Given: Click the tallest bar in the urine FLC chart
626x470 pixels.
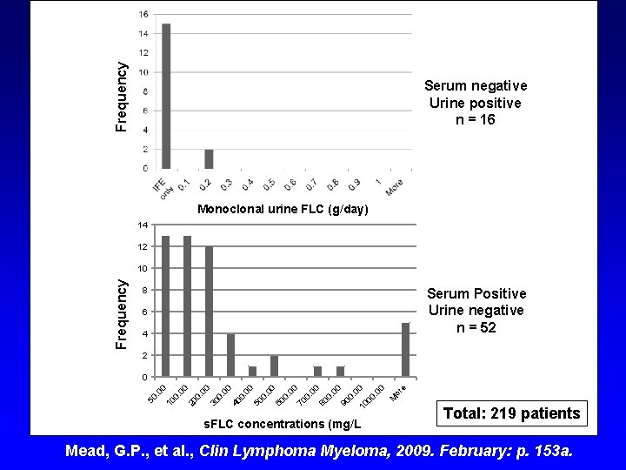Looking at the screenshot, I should (x=166, y=96).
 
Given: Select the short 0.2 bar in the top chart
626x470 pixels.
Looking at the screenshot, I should (x=209, y=158).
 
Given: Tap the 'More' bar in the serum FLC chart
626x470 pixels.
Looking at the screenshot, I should (x=405, y=350).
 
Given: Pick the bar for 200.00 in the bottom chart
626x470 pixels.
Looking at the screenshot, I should (x=210, y=312).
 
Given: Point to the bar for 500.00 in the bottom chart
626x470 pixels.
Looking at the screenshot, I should (x=274, y=366).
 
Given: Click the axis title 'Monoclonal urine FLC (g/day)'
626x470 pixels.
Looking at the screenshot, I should (x=283, y=210).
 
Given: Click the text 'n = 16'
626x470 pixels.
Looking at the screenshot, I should (x=475, y=119).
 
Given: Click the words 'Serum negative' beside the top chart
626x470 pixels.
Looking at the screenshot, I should (x=475, y=85).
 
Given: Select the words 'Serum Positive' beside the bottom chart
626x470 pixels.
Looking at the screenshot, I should (x=475, y=294).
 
